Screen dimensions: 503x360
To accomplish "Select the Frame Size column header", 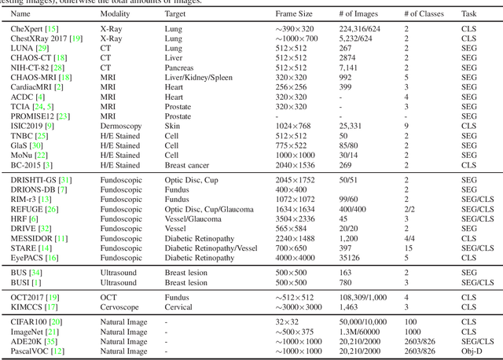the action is click(293, 14).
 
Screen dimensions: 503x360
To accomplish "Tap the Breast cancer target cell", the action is click(187, 165).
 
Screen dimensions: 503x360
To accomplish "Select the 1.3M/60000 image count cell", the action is click(360, 331).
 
